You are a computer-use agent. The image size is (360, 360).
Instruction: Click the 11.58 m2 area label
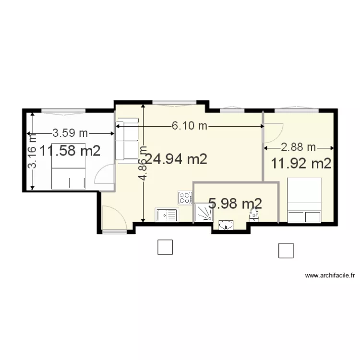(x=70, y=151)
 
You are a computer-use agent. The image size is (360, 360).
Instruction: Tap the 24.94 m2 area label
(x=176, y=159)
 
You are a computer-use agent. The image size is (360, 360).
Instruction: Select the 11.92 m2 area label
(x=301, y=163)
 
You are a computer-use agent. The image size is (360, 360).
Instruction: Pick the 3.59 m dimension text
(x=70, y=132)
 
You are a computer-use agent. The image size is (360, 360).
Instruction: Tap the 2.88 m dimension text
(x=298, y=147)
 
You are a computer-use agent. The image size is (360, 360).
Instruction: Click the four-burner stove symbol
(x=185, y=197)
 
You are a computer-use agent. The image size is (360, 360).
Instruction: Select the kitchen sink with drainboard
(x=166, y=215)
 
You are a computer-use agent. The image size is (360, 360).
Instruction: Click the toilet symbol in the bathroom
(x=254, y=216)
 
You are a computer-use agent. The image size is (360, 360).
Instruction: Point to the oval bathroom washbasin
(x=226, y=224)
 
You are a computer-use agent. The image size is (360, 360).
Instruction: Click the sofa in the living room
(x=128, y=141)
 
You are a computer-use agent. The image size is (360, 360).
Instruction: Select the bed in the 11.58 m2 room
(x=69, y=166)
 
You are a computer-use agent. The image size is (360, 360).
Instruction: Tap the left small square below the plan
(x=165, y=247)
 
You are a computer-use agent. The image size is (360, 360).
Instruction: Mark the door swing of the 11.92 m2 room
(x=273, y=132)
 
